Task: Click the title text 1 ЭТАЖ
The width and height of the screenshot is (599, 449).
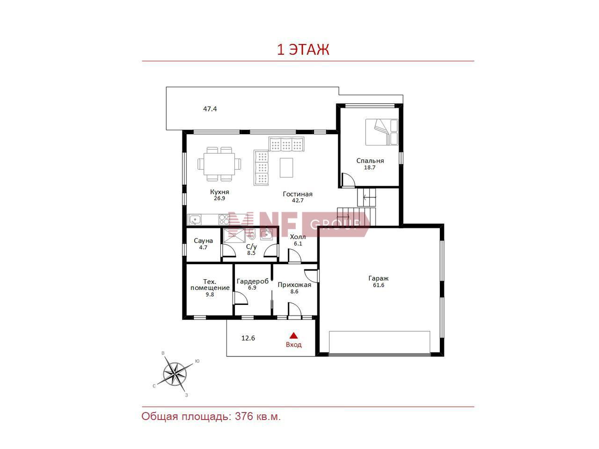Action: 303,50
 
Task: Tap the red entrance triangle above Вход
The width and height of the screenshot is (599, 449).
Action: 293,335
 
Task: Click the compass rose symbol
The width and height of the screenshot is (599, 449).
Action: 175,374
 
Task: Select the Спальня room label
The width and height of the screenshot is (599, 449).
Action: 370,160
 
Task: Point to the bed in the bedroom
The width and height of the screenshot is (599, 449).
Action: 381,132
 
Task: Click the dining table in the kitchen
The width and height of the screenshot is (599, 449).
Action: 219,164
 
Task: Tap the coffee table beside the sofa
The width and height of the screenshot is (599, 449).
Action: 286,167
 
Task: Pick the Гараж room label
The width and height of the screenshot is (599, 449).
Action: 378,278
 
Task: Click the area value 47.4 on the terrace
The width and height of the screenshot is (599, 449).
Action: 210,109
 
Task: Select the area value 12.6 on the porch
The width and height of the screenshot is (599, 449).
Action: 248,338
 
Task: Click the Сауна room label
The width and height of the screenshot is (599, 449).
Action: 203,241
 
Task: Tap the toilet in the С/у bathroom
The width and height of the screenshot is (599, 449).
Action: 252,234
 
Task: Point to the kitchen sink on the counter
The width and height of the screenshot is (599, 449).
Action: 195,219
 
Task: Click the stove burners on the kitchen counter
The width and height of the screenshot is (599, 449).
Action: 224,219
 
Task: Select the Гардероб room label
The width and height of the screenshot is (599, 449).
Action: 252,281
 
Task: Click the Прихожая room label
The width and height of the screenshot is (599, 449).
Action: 294,285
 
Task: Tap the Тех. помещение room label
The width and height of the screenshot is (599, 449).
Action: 210,285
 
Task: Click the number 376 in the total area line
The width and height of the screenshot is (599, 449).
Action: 244,416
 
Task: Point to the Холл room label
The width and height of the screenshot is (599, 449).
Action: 298,237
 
